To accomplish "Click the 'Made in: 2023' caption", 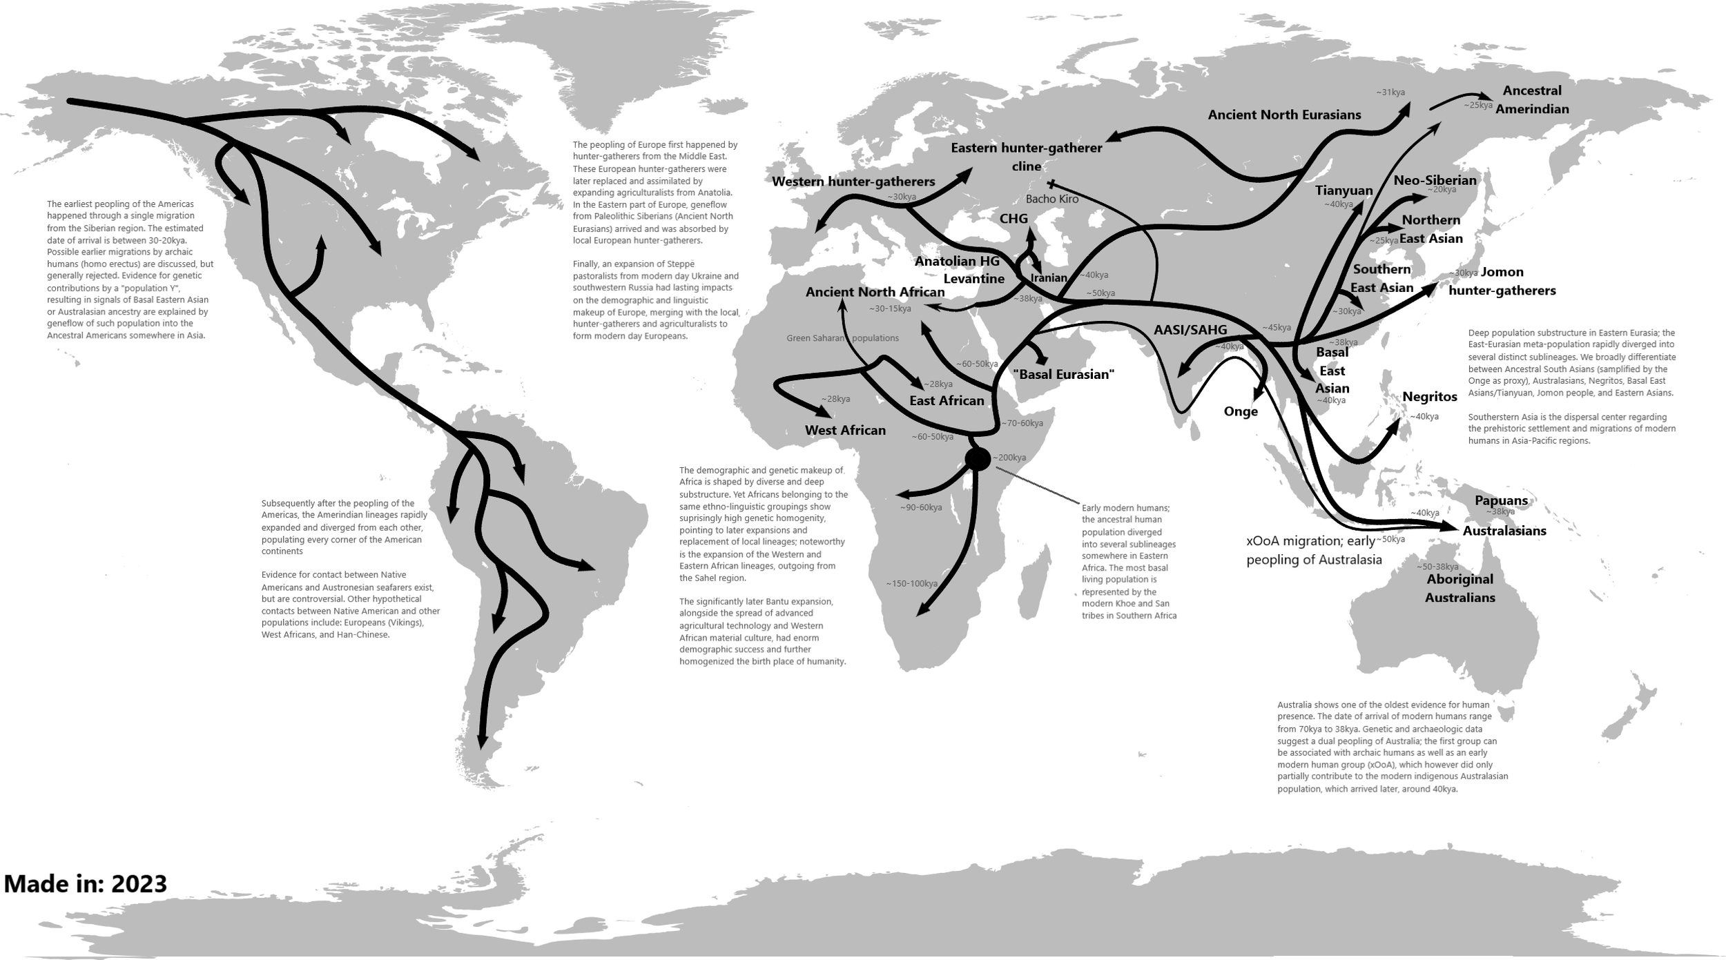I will click(86, 883).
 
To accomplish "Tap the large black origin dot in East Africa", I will click(977, 459).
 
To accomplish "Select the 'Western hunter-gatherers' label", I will click(853, 182).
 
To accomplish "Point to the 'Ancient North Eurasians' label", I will click(1284, 115).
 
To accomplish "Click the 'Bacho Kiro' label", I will click(1051, 199).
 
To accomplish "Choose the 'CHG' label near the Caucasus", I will click(1014, 219).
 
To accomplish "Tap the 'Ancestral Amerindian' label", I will click(1531, 99).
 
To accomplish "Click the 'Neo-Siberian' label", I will click(1435, 180).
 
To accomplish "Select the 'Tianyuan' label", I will click(1344, 190).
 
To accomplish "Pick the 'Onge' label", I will click(1241, 412).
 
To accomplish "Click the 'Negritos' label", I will click(1429, 397).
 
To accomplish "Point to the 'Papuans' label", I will click(1501, 500).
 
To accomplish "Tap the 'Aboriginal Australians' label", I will click(1460, 588).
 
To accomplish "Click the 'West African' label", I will click(845, 431).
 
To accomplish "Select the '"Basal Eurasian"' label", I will click(1063, 375).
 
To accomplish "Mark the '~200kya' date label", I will click(1009, 458).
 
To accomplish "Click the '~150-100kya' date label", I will click(911, 584).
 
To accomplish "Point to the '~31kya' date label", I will click(1390, 92).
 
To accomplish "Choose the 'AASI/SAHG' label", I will click(1190, 330).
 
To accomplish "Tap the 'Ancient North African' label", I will click(875, 292).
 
